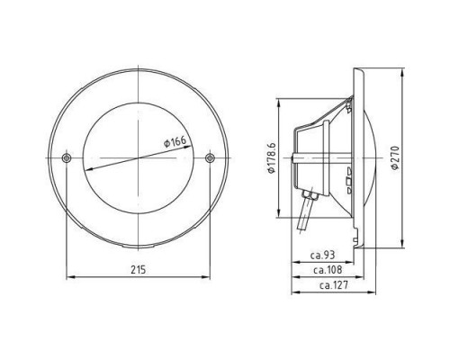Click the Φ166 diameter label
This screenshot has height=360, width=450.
click(x=175, y=141)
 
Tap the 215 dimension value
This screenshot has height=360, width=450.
click(x=138, y=270)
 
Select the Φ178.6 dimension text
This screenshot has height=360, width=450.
click(x=272, y=158)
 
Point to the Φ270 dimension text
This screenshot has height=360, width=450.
click(x=395, y=158)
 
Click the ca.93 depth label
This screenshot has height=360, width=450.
click(x=322, y=256)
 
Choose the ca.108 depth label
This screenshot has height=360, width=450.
click(x=328, y=270)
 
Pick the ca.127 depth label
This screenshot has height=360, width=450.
click(x=334, y=284)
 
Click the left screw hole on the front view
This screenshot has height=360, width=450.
click(x=67, y=157)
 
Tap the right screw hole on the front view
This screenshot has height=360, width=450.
click(x=210, y=157)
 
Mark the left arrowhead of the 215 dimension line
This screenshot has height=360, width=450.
click(x=69, y=277)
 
